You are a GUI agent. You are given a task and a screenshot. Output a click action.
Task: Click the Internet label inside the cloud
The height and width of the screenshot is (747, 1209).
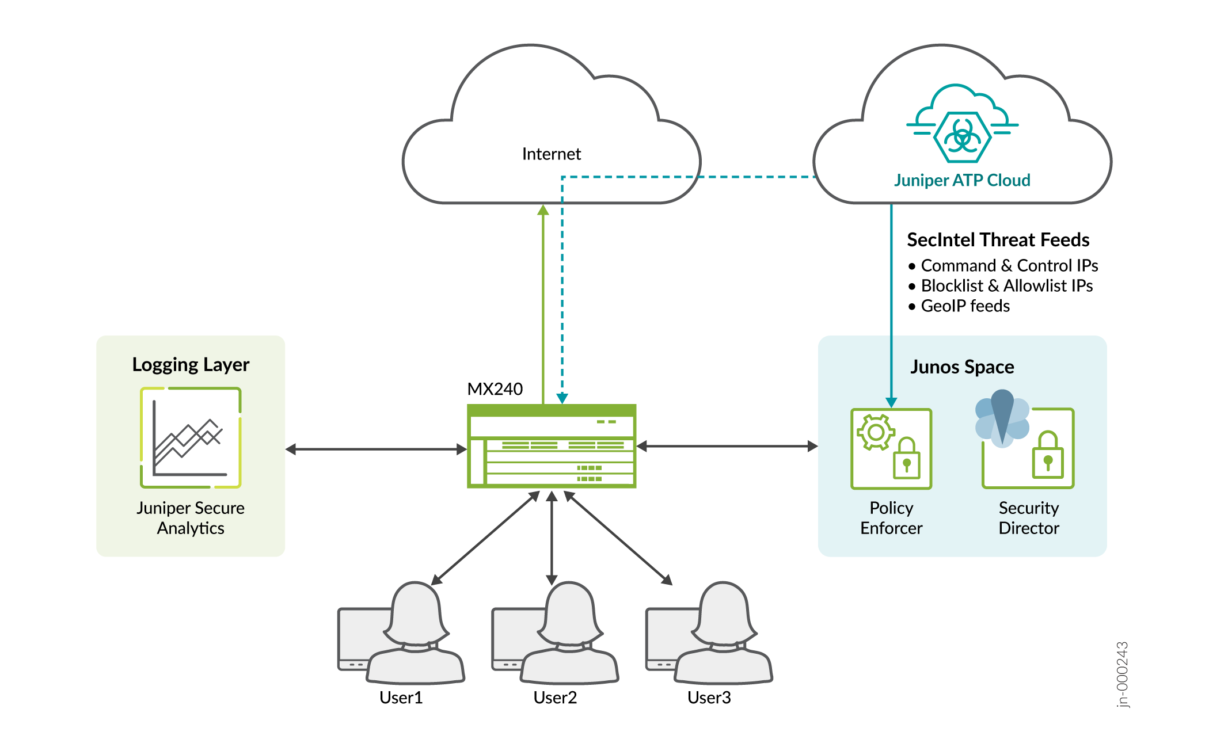pos(551,154)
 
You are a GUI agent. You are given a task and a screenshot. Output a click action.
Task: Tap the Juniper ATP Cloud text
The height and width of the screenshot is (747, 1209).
pos(961,180)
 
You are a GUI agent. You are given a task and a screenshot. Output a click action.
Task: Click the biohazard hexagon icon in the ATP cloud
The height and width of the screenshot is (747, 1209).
pos(962,137)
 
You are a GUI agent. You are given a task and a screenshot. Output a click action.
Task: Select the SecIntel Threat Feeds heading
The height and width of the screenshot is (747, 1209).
pos(998,239)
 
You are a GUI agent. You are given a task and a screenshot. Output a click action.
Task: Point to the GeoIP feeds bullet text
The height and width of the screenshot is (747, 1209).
pos(965,306)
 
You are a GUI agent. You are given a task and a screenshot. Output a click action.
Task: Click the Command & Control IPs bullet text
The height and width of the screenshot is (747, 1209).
pos(1009,265)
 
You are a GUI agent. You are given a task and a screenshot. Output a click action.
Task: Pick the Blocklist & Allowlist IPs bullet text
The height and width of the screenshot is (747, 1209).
pos(1006,285)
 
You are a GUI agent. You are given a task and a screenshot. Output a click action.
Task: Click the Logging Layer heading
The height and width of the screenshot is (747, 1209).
pos(191,364)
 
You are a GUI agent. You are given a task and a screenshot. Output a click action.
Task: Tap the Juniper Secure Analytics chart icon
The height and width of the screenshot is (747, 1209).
pos(191,437)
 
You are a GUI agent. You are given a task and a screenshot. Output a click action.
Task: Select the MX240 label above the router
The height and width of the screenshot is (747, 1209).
pos(495,389)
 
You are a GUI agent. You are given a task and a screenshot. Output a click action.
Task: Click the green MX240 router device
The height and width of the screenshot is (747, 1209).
pos(551,446)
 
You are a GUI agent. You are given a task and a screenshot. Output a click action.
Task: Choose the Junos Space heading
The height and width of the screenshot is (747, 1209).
pos(961,367)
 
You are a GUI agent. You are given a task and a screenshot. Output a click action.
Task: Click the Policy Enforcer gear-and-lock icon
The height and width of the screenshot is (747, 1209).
pos(891,449)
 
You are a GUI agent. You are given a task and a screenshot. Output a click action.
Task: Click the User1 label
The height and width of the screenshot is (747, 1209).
pos(401,698)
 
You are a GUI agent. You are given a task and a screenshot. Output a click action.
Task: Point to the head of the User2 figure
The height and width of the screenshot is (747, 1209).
pos(569,610)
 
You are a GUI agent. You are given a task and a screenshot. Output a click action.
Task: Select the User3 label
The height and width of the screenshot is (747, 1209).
pos(709,698)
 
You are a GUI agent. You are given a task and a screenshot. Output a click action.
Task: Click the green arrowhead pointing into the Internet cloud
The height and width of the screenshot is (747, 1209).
pos(543,210)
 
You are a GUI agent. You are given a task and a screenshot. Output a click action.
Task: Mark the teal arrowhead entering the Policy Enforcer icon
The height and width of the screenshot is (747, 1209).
pos(891,402)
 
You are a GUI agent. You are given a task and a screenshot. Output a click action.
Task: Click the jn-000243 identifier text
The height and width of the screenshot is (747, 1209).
pos(1122,674)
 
